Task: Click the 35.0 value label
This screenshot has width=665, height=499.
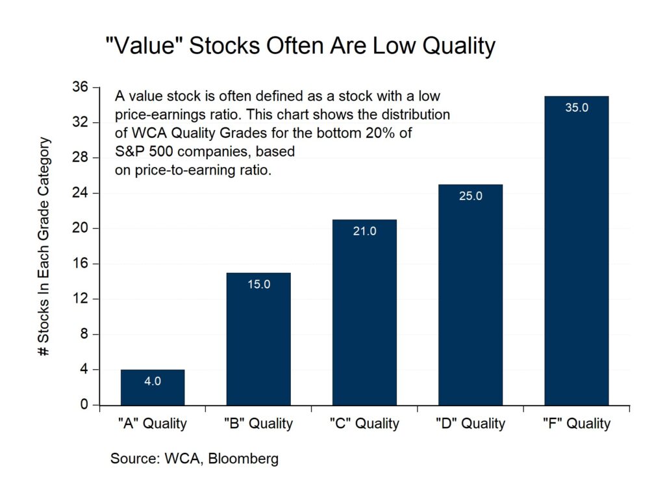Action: (577, 108)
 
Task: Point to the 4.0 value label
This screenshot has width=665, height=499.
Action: (153, 381)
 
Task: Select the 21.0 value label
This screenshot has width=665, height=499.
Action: (364, 231)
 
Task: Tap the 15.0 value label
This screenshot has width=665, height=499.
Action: (258, 284)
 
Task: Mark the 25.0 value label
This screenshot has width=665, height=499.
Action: (470, 196)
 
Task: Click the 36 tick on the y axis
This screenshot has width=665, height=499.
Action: (82, 88)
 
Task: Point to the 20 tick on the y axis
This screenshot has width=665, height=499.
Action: (82, 229)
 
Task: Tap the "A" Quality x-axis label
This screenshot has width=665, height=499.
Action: (153, 424)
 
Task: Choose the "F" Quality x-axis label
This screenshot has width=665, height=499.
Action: (577, 424)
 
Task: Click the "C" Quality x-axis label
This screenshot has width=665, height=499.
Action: (364, 424)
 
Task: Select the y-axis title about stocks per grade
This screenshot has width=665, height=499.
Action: (44, 247)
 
